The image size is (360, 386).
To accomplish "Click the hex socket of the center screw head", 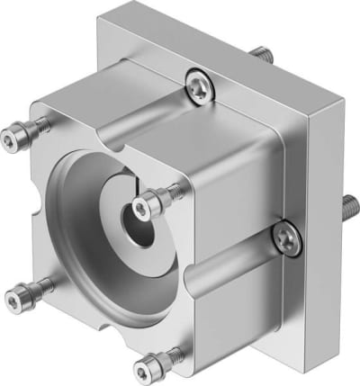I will tap(141, 208).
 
